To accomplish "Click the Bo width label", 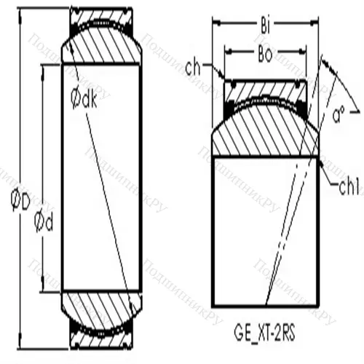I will (x=266, y=55).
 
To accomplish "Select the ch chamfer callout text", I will (x=193, y=70).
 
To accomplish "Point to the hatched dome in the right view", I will (x=265, y=135).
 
